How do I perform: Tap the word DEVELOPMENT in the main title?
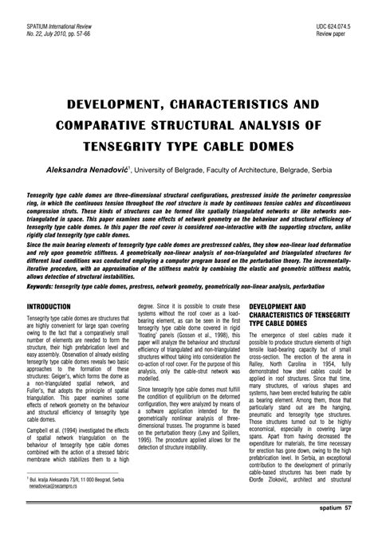click(x=103, y=104)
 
